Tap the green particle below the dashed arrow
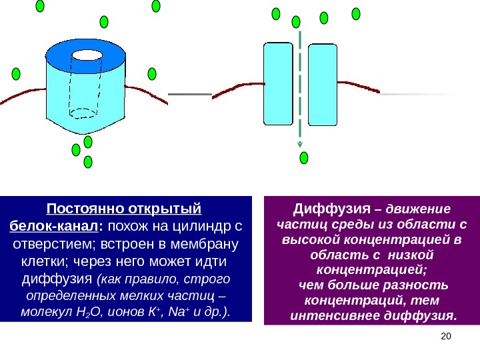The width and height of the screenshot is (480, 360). click(x=304, y=157)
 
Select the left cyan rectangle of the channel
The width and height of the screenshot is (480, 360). click(x=278, y=84)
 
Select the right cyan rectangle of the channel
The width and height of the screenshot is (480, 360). click(x=323, y=84)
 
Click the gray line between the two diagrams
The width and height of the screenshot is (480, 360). click(x=189, y=95)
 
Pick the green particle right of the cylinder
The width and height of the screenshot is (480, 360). click(x=152, y=73)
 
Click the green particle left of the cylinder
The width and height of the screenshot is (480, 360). click(x=15, y=73)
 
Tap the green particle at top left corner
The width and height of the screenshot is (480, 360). click(x=40, y=6)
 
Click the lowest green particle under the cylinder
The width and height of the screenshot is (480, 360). click(x=87, y=162)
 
